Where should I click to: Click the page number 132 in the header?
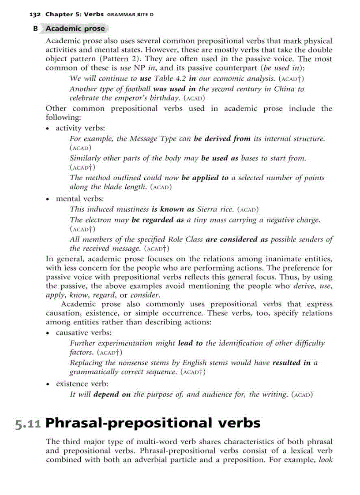click(35, 15)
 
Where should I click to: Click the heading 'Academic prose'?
click(75, 29)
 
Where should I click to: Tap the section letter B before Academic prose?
click(35, 29)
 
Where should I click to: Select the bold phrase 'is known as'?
click(173, 209)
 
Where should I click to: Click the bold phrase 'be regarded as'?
click(157, 220)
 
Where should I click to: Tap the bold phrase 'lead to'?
click(190, 343)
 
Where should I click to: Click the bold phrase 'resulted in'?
click(291, 363)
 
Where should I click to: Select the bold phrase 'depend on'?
click(112, 394)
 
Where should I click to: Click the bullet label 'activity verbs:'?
click(80, 128)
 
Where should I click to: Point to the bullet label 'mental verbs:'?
click(80, 199)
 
